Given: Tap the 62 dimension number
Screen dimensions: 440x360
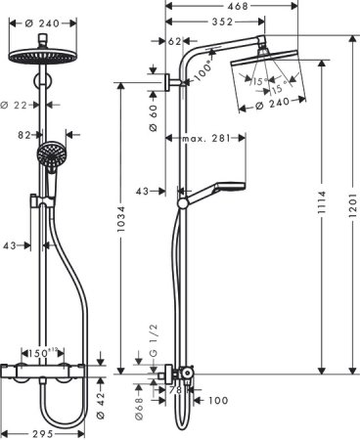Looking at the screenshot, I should [x=175, y=42].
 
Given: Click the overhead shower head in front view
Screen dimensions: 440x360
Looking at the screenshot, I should [x=42, y=55].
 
